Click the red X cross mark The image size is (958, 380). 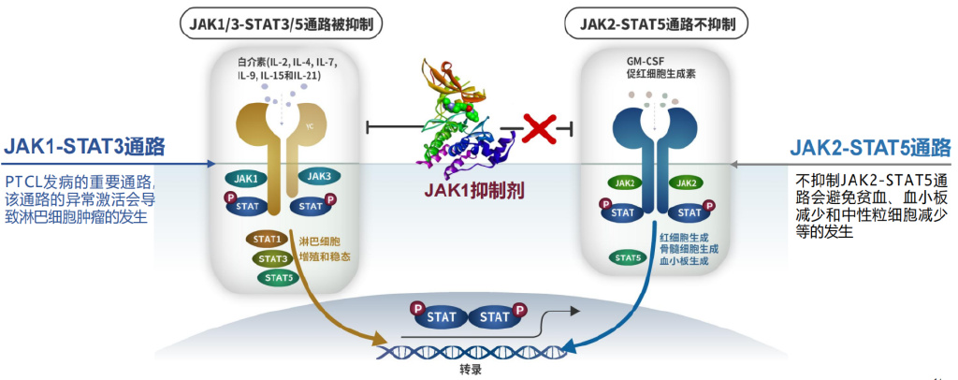tap(540, 126)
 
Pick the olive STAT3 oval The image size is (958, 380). tap(273, 258)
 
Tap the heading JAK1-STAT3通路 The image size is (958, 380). tap(85, 147)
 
